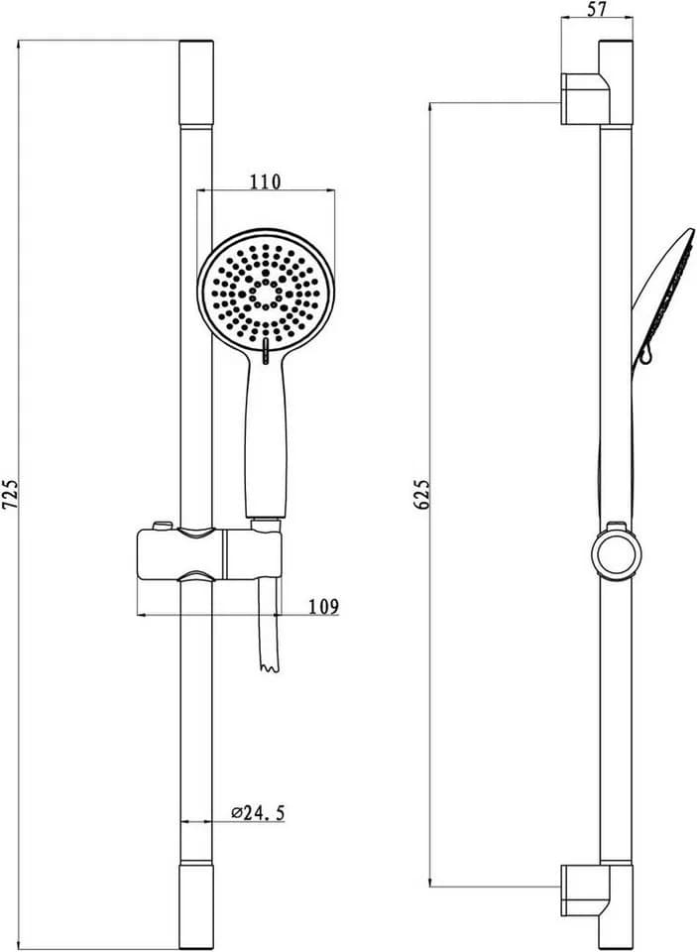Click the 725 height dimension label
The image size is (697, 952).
10,494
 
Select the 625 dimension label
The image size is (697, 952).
422,494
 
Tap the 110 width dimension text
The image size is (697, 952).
266,180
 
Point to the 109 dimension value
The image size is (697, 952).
323,606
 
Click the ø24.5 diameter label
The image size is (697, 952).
258,812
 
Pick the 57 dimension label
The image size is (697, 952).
596,9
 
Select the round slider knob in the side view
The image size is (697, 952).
616,554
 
